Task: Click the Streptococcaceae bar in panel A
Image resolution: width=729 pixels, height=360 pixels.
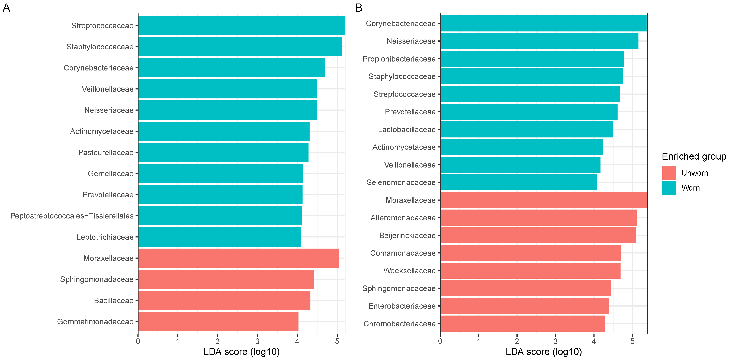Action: point(241,25)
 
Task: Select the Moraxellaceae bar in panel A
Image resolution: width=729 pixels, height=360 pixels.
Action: point(238,258)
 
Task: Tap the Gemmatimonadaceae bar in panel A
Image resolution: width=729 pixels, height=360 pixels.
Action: point(218,322)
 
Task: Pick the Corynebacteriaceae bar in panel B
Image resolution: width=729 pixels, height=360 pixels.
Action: point(543,24)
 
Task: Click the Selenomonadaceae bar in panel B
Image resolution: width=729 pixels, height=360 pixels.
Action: point(518,182)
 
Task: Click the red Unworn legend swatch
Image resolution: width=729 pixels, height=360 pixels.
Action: point(669,173)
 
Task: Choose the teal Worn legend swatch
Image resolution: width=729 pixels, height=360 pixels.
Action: point(669,188)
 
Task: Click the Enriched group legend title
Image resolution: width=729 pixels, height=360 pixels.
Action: point(694,156)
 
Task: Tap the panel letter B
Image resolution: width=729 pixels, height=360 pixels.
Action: point(359,8)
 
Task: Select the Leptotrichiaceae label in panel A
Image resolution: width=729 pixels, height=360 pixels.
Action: point(105,237)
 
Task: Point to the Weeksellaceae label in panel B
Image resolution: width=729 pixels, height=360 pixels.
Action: point(409,271)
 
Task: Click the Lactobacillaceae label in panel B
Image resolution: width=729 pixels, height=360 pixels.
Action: point(407,130)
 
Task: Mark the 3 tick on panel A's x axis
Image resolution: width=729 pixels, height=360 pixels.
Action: point(257,341)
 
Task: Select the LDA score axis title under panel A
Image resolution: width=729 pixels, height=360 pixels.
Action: point(241,352)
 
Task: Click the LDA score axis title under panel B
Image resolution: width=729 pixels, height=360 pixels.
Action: point(544,352)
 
